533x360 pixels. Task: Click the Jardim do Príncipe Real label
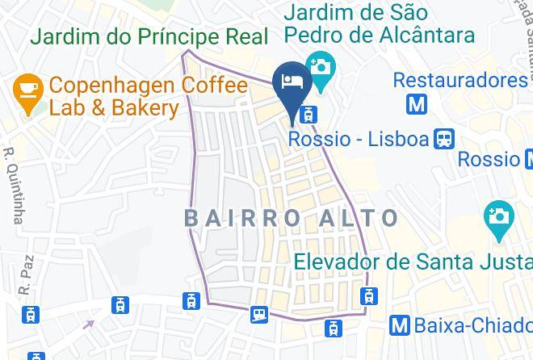point(149,37)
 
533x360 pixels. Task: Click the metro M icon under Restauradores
point(417,104)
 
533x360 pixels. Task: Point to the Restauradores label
point(460,81)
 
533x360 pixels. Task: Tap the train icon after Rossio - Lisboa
point(444,139)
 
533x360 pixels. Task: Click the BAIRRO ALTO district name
point(292,218)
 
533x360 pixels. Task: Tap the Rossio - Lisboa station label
point(359,140)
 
